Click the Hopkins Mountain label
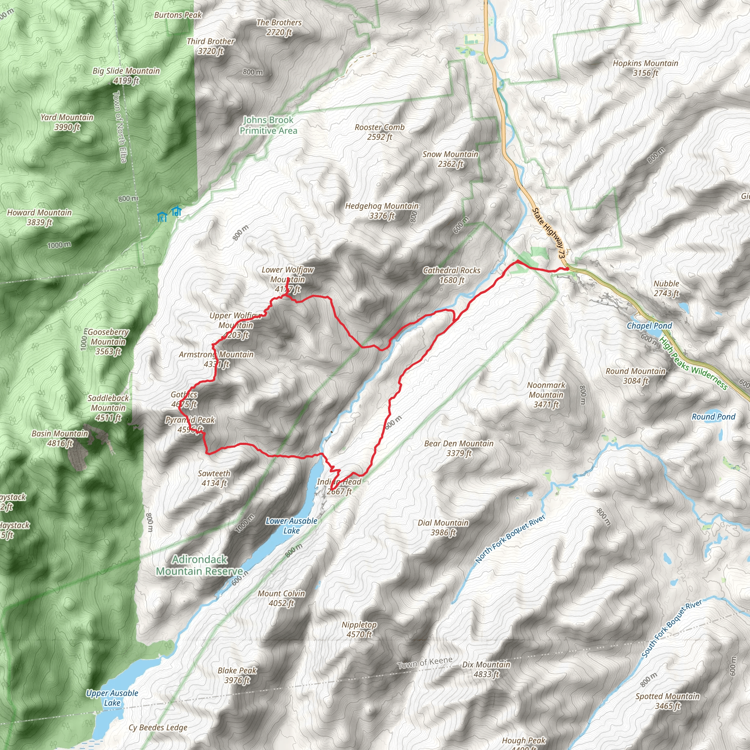(645, 68)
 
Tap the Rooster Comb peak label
(379, 132)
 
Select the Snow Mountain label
(450, 159)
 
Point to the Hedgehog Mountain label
(382, 211)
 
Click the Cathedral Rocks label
(452, 275)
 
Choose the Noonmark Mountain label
(546, 395)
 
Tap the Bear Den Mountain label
(458, 448)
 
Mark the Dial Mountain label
(443, 528)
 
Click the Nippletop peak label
(359, 629)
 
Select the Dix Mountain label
(486, 669)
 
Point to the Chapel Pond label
(649, 326)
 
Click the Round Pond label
(713, 416)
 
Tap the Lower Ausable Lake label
(291, 526)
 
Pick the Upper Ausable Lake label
(112, 698)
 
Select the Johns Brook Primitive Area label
(268, 125)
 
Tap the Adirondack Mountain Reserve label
(200, 565)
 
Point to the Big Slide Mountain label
(126, 75)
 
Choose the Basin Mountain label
(60, 438)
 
